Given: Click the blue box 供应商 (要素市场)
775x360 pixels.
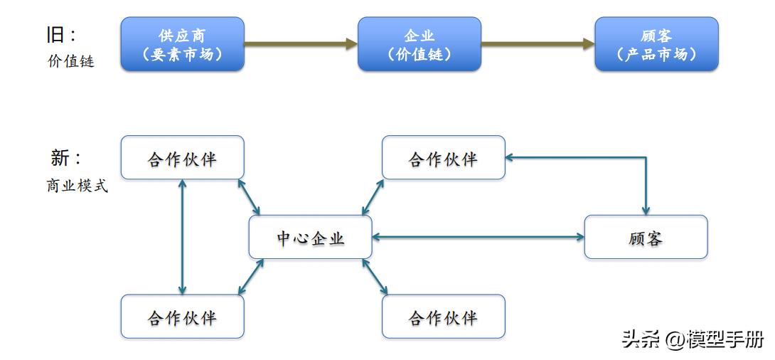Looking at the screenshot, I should pos(182,44).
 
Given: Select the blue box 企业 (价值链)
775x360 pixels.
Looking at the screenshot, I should pos(419,44).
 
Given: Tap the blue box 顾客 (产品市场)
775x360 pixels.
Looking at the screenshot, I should pos(656,44).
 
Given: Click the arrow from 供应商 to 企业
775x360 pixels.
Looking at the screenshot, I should pos(301,44).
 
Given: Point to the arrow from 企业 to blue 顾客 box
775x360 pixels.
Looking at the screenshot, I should pos(538,44).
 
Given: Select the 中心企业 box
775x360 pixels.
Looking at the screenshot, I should pos(310,238).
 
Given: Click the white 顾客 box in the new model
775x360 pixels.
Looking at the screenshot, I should pos(646,237).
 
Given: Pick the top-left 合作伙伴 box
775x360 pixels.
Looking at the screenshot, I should pos(182,158).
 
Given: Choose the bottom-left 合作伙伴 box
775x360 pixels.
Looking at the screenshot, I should pos(182,317).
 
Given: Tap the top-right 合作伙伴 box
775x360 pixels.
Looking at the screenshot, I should pos(444,158).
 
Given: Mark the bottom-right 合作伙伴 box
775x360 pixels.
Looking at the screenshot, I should pos(444,317).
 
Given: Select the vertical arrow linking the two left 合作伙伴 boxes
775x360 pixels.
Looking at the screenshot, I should pos(183,237).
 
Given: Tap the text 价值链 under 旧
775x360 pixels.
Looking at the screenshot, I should pos(71,62).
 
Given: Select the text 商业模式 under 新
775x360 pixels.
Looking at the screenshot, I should pos(77,187).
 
